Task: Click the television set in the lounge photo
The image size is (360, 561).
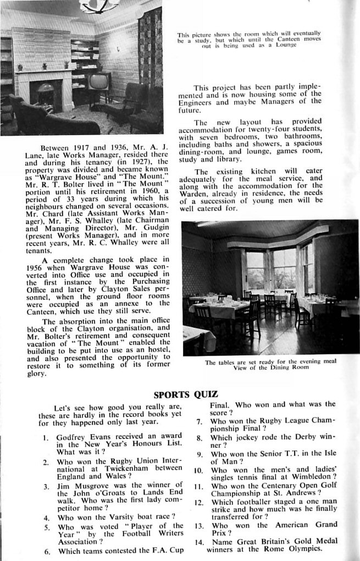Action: pos(99,82)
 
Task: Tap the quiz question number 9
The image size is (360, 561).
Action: pos(200,454)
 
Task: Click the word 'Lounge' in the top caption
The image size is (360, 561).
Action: pos(286,45)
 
